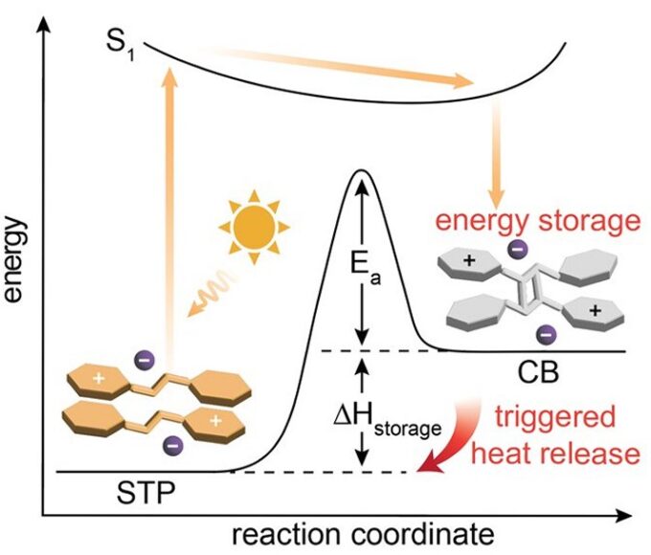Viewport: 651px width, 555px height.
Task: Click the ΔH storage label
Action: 374,422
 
